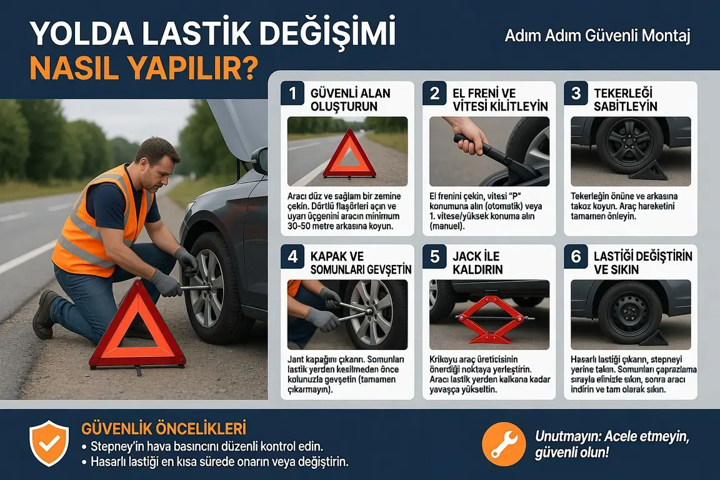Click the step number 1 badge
292,93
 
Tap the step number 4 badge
292,256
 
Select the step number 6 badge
576,256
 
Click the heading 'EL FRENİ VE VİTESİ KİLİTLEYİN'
500,99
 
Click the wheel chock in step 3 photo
648,171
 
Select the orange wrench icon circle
504,444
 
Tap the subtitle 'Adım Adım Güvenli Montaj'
597,36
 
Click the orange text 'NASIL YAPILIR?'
144,69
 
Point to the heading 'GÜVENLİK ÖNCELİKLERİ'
164,428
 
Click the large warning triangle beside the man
137,326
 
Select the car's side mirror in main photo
260,160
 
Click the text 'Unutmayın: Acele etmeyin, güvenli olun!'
612,444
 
